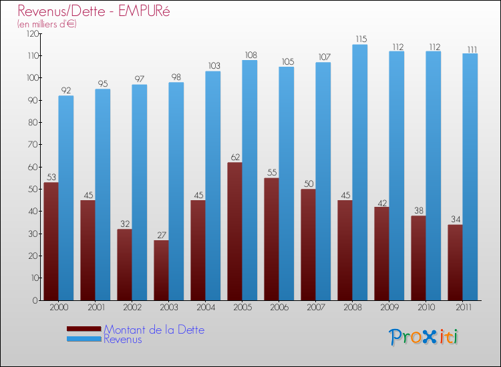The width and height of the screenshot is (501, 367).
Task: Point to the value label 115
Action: tap(360, 39)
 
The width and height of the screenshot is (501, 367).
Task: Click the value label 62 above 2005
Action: tap(234, 157)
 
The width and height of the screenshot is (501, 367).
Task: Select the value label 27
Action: tap(161, 235)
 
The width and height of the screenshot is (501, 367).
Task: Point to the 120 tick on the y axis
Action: tap(31, 33)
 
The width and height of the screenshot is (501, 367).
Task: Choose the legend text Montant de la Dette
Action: tap(154, 330)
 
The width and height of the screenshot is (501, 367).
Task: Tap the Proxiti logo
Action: tap(424, 337)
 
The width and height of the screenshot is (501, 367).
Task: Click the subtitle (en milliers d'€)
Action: tap(47, 24)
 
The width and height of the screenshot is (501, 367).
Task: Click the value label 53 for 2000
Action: tap(51, 177)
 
